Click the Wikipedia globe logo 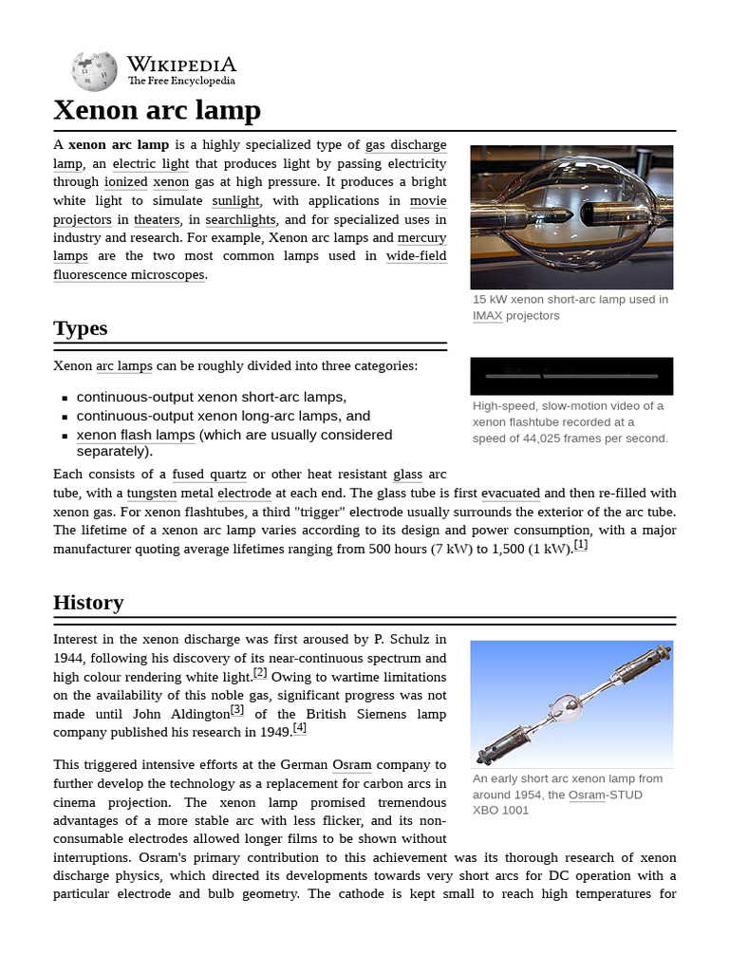[x=93, y=72]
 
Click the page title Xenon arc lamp [x=157, y=110]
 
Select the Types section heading [x=81, y=328]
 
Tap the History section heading [x=88, y=603]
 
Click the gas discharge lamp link [x=405, y=145]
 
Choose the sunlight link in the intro [x=234, y=200]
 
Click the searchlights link [x=240, y=219]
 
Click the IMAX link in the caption [x=487, y=315]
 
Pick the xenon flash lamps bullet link [x=136, y=435]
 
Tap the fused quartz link [x=209, y=474]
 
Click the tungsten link [x=151, y=493]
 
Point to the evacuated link [x=511, y=493]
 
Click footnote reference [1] [x=581, y=546]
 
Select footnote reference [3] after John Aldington [x=237, y=709]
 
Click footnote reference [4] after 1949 [x=300, y=728]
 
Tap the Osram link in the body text [x=351, y=764]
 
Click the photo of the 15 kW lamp [x=571, y=216]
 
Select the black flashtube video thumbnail [x=571, y=376]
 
